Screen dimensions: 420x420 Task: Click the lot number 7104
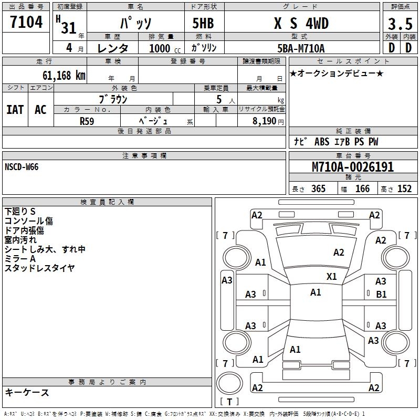26,23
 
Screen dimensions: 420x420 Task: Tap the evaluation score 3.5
400,24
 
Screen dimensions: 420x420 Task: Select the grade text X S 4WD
301,24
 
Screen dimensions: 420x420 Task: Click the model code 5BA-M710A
301,48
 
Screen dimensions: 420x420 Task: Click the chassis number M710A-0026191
353,167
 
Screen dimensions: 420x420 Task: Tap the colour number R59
87,121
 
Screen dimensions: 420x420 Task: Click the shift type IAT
15,110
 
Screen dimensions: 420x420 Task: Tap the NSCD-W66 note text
22,167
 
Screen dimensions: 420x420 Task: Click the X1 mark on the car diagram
332,276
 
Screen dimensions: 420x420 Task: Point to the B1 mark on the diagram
381,295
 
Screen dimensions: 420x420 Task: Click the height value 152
404,188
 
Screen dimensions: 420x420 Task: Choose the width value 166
362,188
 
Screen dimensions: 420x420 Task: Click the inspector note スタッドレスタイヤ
40,268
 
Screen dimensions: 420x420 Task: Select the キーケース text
27,392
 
